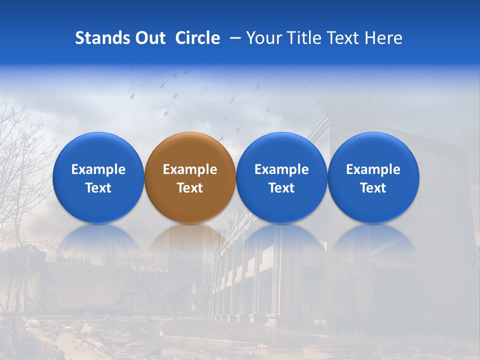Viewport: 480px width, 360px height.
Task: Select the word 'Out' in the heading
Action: (x=149, y=38)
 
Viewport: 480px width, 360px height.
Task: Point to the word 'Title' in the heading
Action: (x=301, y=38)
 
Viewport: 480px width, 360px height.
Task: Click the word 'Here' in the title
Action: (x=383, y=38)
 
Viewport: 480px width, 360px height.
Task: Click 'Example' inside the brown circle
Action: (x=190, y=169)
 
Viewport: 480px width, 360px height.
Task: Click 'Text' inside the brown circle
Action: (x=190, y=188)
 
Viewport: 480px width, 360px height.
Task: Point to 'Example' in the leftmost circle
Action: (x=98, y=169)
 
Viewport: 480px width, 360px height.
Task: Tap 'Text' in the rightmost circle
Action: (x=373, y=188)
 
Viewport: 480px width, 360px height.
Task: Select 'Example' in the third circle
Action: (x=281, y=169)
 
